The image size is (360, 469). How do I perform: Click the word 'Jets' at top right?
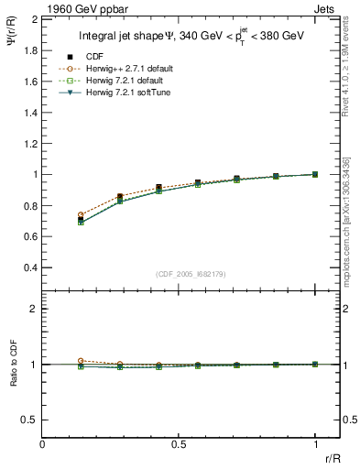(x=325, y=8)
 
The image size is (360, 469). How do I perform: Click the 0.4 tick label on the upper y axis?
(x=28, y=267)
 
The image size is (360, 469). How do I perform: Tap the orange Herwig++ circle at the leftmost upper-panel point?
(x=82, y=215)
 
